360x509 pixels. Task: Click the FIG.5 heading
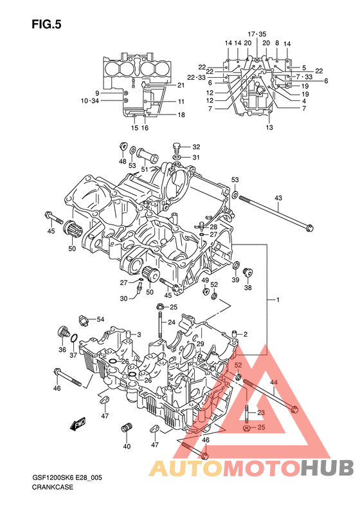[x=46, y=24]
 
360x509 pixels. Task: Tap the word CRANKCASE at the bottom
[x=53, y=487]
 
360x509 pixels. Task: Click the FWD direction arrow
[x=78, y=423]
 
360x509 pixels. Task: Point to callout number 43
[x=278, y=198]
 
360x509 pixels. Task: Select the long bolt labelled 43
[x=276, y=212]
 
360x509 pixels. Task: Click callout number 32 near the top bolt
[x=196, y=147]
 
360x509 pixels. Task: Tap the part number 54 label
[x=100, y=319]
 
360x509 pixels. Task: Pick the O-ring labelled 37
[x=74, y=338]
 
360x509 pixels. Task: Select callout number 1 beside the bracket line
[x=278, y=300]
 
